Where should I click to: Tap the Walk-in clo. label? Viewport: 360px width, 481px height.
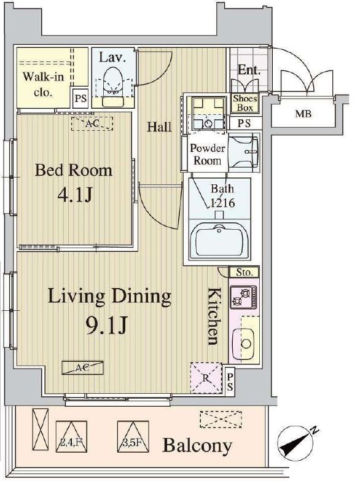43,84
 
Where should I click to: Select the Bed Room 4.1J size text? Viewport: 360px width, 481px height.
74,195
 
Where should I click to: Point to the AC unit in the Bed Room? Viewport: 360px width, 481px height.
92,124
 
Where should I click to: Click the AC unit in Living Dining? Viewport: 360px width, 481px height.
82,367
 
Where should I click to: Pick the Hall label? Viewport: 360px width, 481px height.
159,127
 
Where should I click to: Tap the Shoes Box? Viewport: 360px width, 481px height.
245,103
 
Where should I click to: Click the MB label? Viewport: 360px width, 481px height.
303,114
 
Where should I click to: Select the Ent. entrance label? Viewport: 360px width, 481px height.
249,70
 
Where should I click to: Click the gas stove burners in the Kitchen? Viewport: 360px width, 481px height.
244,297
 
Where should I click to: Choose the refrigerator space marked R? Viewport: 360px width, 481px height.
206,378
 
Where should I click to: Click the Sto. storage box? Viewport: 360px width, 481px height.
245,272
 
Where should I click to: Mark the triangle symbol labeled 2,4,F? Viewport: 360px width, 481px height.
71,436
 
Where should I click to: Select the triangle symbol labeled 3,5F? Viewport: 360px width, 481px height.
133,436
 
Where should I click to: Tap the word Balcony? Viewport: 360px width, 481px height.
197,445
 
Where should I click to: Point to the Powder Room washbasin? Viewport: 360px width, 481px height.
244,152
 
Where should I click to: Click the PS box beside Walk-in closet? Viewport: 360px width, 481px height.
80,98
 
